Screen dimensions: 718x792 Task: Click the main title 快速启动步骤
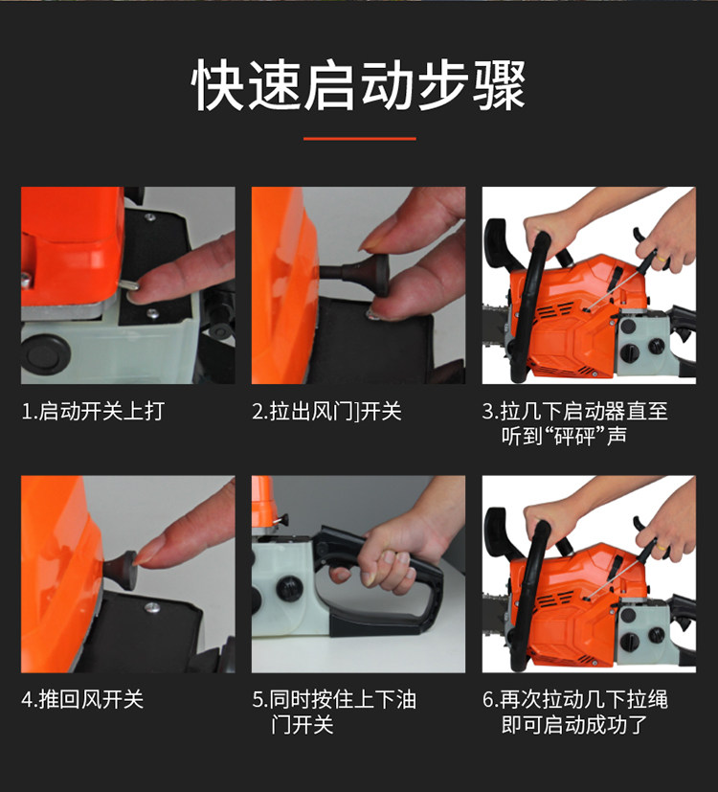pyautogui.click(x=359, y=84)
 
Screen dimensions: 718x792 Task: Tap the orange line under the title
pyautogui.click(x=360, y=139)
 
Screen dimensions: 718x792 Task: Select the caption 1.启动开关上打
pyautogui.click(x=93, y=411)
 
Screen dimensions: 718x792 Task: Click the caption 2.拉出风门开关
pyautogui.click(x=326, y=411)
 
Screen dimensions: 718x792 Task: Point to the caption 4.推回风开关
pyautogui.click(x=82, y=699)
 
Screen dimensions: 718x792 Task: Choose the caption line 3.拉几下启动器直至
pyautogui.click(x=575, y=411)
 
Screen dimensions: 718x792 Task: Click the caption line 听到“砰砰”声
pyautogui.click(x=564, y=436)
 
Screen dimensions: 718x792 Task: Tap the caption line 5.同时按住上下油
pyautogui.click(x=334, y=699)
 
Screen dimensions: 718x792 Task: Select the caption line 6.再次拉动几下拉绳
pyautogui.click(x=575, y=699)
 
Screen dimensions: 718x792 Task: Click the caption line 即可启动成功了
pyautogui.click(x=574, y=725)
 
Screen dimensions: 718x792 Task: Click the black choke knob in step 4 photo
pyautogui.click(x=121, y=570)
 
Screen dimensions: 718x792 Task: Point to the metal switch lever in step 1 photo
pyautogui.click(x=130, y=285)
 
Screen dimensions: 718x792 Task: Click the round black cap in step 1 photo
pyautogui.click(x=44, y=354)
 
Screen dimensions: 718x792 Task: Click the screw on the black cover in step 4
pyautogui.click(x=152, y=607)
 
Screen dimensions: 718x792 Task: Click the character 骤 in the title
pyautogui.click(x=499, y=84)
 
